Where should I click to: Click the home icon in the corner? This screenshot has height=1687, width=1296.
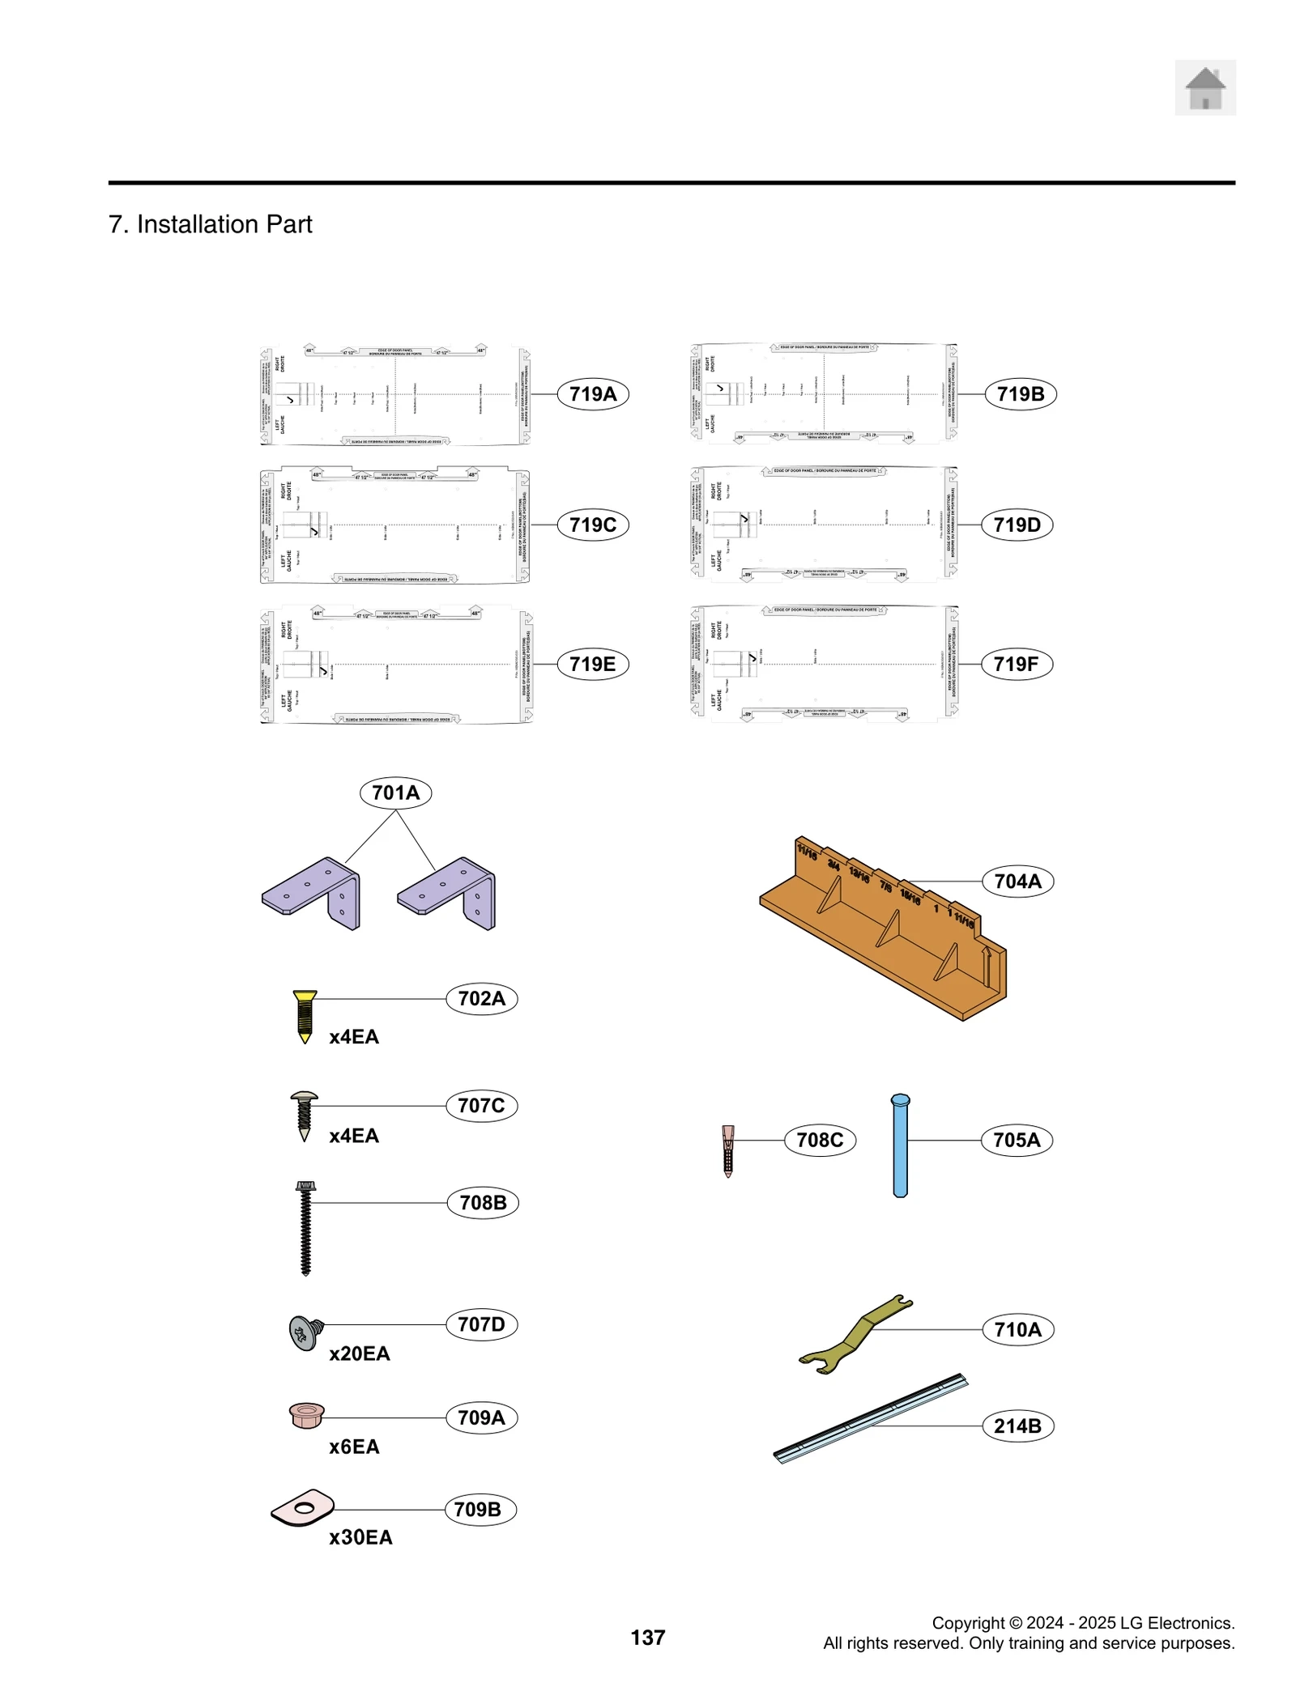point(1204,87)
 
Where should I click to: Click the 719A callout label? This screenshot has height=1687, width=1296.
point(593,394)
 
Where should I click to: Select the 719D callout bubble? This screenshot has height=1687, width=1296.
point(1017,525)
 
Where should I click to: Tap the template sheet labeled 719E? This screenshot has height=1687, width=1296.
point(395,665)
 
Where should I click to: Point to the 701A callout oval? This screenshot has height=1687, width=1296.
point(395,793)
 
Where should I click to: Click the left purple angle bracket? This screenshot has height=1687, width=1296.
point(313,893)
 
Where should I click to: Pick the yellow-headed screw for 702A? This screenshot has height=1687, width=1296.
point(305,1015)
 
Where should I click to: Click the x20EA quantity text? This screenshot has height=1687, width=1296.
point(359,1353)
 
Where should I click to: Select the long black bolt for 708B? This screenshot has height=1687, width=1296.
point(305,1227)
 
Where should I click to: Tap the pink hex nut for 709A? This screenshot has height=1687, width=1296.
point(307,1416)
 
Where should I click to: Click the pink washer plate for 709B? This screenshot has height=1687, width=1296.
point(302,1508)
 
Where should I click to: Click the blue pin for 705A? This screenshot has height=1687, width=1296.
point(900,1145)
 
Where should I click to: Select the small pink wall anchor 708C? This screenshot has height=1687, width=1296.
point(728,1149)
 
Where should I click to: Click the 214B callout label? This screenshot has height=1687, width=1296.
point(1017,1426)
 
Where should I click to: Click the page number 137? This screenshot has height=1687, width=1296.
point(647,1637)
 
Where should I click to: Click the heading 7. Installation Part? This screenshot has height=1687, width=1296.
point(210,224)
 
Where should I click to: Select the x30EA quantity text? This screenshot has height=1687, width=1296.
point(360,1537)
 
